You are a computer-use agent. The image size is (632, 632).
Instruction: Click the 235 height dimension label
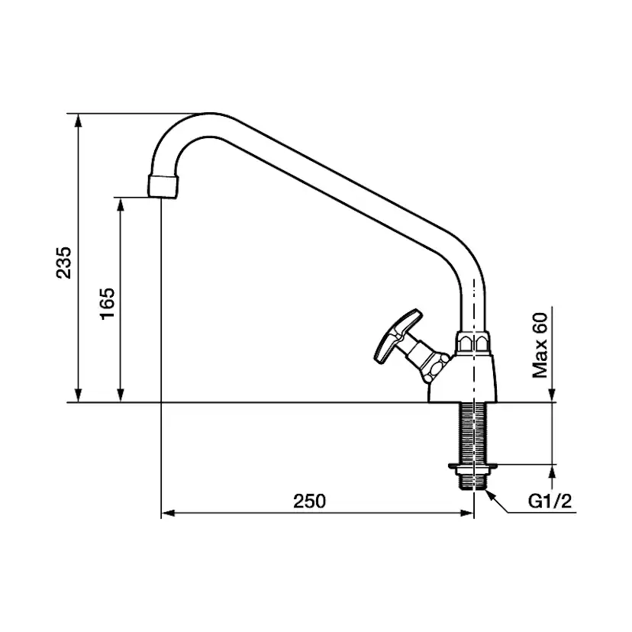coord(63,263)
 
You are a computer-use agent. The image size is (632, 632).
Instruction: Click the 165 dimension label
coord(108,304)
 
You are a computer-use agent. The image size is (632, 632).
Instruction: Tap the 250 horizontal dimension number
coord(309,501)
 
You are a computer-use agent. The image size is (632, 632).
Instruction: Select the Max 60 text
coord(540,345)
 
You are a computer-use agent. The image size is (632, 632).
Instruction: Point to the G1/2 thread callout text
coord(550,501)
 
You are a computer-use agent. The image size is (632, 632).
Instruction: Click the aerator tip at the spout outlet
coord(163,185)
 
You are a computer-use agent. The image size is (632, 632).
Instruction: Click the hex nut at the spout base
coord(473,343)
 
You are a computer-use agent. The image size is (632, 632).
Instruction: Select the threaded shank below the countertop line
coord(473,434)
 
